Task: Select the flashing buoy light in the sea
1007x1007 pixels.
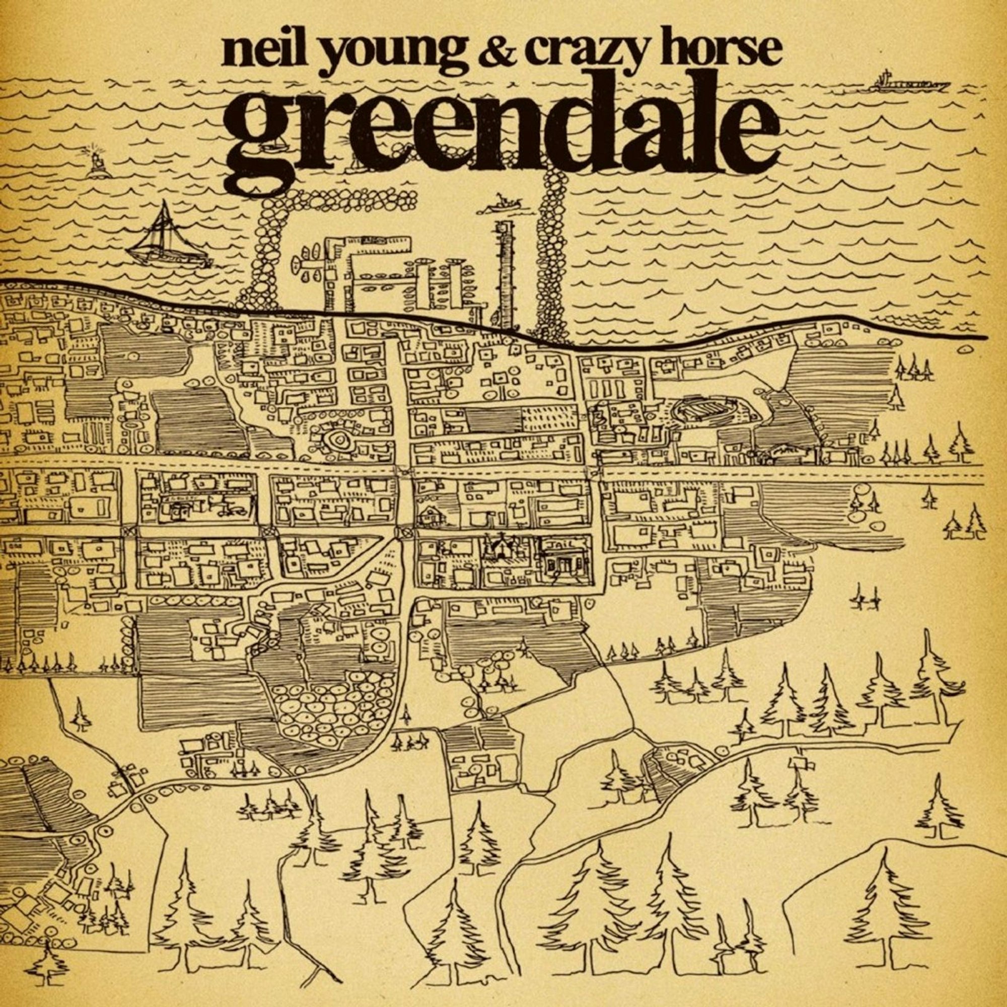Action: pos(97,160)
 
